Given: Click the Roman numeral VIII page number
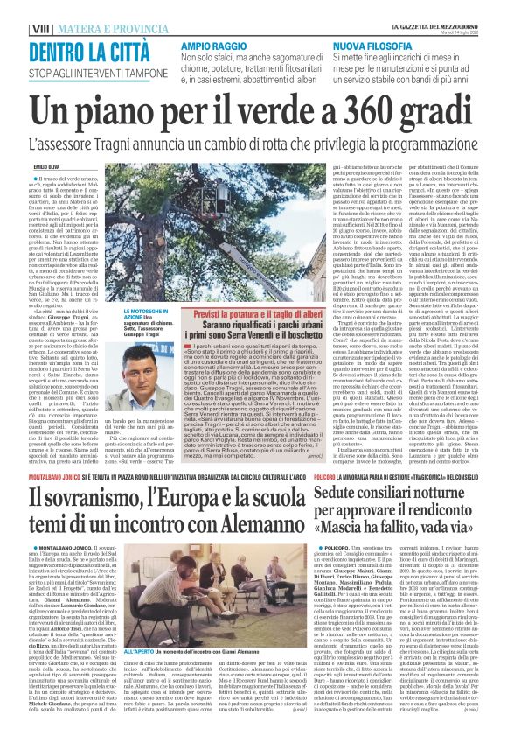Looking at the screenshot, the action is [x=17, y=30].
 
